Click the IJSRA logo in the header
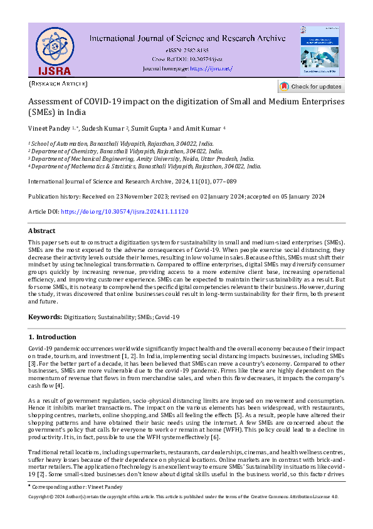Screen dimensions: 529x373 [53, 50]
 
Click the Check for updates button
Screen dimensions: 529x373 [310, 87]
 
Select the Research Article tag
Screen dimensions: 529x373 [58, 84]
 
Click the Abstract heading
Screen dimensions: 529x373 [42, 231]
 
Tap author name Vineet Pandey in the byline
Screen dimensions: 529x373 [50, 128]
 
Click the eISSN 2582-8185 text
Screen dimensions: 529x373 [187, 50]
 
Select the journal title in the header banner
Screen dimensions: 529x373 [187, 38]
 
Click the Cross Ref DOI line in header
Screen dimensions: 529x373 [187, 58]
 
